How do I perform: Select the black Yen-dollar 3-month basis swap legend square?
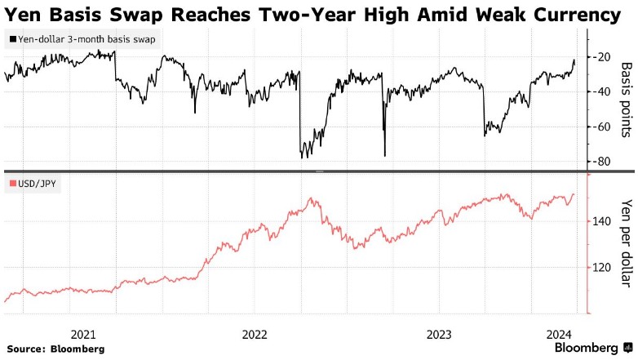click(x=12, y=39)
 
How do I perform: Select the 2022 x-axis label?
click(x=255, y=333)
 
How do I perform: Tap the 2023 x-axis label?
click(x=439, y=333)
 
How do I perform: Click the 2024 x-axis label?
click(x=560, y=333)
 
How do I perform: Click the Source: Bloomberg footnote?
click(x=56, y=349)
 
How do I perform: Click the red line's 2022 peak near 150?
click(x=311, y=198)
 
